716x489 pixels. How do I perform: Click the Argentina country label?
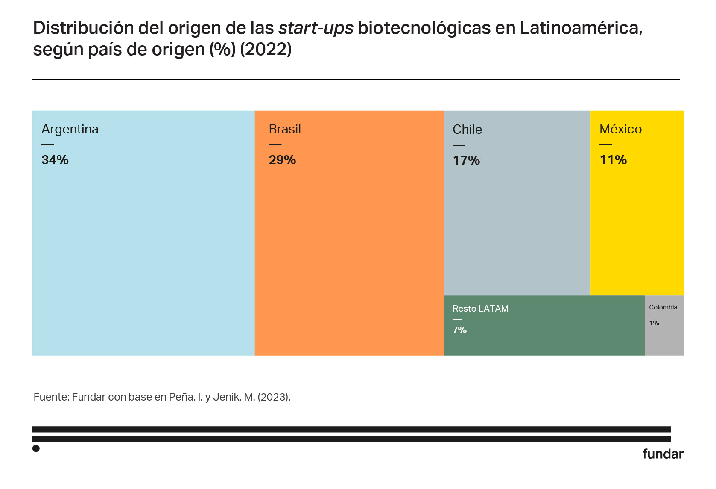70,129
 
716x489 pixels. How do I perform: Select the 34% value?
55,160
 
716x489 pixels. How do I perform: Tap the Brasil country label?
285,129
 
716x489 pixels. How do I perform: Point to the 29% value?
282,160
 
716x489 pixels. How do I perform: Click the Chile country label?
467,130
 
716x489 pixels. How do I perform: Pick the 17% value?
466,160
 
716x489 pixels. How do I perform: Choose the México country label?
620,129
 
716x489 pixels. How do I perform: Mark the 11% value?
613,160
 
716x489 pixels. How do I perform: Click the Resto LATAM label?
480,309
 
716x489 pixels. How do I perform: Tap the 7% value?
459,330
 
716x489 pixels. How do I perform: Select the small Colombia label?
663,307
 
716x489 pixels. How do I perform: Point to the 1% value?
654,323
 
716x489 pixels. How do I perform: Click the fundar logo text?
663,454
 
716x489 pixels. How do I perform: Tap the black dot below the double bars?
36,448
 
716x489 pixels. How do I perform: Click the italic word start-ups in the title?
316,28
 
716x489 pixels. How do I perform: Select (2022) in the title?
266,50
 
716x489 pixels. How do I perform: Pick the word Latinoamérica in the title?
581,28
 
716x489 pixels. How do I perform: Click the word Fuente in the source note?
51,397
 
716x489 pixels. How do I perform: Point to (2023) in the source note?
274,397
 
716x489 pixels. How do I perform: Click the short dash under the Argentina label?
48,145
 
